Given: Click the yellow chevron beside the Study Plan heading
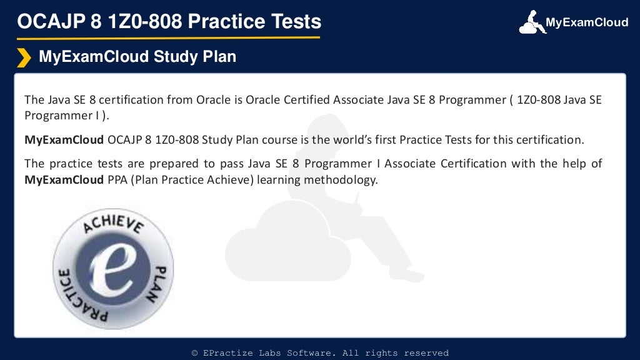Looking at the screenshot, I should click(23, 57).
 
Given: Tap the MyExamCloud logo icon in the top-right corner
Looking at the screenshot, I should click(530, 22).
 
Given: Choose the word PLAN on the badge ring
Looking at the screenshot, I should click(160, 283).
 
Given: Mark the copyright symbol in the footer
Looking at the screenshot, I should click(195, 353).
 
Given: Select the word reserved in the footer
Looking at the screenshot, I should click(426, 353).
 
